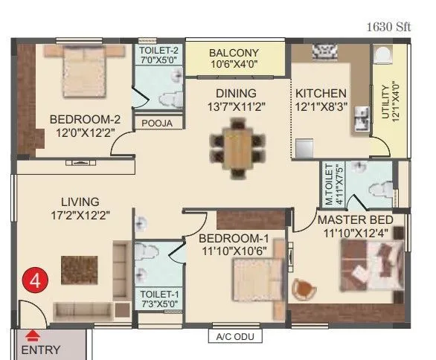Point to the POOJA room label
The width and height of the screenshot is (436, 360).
[x=158, y=123]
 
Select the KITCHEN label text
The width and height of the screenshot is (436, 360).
[x=321, y=94]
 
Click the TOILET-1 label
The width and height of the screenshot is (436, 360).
[x=158, y=294]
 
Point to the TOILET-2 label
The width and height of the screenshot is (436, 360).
[x=158, y=50]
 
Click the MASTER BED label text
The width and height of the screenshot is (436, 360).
[x=359, y=221]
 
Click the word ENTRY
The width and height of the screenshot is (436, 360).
[x=41, y=350]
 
